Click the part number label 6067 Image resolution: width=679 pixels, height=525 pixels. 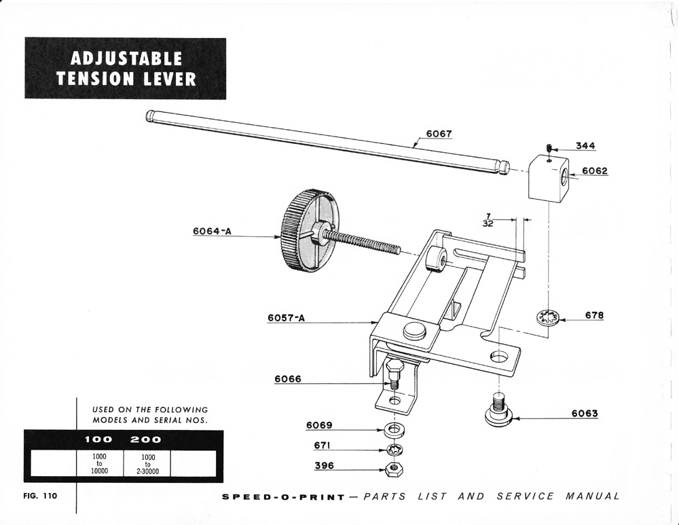(439, 134)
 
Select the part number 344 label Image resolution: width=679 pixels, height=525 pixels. (586, 146)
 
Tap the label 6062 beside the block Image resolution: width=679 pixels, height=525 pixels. (595, 171)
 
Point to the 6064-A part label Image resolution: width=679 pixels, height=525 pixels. (212, 231)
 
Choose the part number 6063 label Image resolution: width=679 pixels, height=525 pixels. (585, 413)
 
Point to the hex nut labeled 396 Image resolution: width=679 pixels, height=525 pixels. (392, 468)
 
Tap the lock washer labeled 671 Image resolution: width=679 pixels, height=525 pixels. (392, 450)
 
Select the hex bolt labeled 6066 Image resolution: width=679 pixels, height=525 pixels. (392, 375)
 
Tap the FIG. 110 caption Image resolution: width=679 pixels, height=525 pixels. (39, 496)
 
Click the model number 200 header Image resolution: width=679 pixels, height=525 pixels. (145, 439)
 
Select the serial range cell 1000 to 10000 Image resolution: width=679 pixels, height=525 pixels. (99, 463)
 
